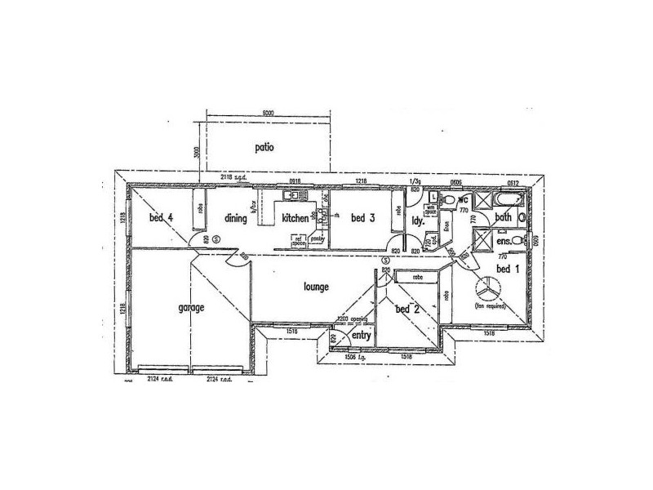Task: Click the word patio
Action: (x=263, y=148)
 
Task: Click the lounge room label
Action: (x=315, y=287)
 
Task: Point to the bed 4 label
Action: (x=161, y=218)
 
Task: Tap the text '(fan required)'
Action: (x=491, y=305)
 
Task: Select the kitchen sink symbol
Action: (x=292, y=195)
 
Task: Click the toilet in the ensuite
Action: (x=522, y=242)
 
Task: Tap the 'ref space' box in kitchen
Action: (x=299, y=239)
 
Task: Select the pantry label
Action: (x=318, y=239)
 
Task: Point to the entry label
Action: (x=362, y=336)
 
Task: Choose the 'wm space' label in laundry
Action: (x=430, y=208)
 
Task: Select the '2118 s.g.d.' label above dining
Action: (x=233, y=177)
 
